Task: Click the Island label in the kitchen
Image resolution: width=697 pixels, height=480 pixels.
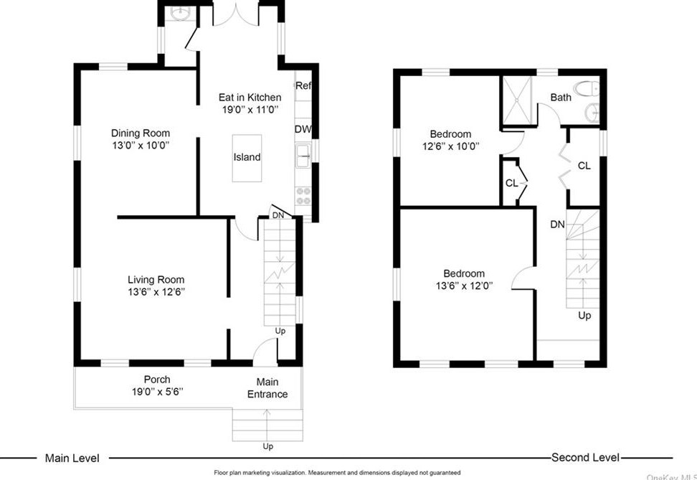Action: (x=247, y=157)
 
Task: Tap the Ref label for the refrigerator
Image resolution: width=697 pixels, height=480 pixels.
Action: (x=303, y=85)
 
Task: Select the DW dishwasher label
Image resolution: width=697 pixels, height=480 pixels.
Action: (x=303, y=129)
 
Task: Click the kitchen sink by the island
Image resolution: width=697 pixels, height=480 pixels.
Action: (x=304, y=156)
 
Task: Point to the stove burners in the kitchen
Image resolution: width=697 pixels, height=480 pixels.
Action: (x=304, y=196)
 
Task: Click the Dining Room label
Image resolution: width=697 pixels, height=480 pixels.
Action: (x=141, y=133)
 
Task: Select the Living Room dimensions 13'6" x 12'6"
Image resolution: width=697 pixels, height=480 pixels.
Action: (x=156, y=292)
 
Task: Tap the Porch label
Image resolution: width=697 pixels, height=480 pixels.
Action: (x=157, y=380)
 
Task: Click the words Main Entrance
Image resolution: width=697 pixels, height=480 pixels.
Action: (x=267, y=388)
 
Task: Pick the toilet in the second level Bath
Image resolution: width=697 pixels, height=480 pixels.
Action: (x=587, y=89)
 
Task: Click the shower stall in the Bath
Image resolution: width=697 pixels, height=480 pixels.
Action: (x=517, y=100)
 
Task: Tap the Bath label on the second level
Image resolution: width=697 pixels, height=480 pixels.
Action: (x=561, y=97)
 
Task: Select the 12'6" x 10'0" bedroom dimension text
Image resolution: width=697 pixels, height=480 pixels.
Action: (x=451, y=146)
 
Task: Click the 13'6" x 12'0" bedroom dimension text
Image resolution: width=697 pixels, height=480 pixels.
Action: (x=464, y=286)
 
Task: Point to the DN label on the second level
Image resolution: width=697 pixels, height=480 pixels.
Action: (x=557, y=225)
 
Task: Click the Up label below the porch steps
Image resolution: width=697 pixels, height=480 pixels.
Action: (x=267, y=446)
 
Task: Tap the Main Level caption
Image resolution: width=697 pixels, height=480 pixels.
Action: (x=72, y=458)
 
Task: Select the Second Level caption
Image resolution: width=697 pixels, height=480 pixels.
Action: (x=585, y=457)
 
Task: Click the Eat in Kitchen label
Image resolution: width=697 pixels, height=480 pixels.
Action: (x=250, y=98)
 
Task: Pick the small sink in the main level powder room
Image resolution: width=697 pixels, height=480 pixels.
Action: (x=180, y=14)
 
